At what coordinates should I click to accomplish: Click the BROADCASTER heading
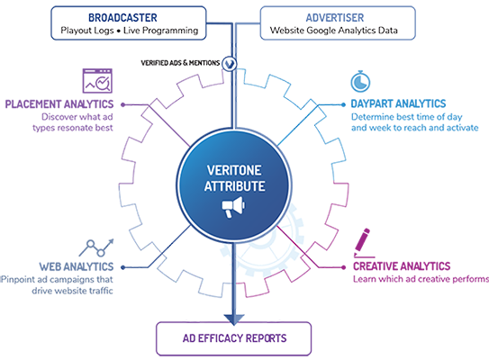[122, 18]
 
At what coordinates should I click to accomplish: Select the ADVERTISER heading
[335, 18]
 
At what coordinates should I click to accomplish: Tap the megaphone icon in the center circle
[233, 207]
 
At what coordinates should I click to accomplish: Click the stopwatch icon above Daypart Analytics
[360, 81]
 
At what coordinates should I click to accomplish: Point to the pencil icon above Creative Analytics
[363, 243]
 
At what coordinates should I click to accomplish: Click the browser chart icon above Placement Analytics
[97, 81]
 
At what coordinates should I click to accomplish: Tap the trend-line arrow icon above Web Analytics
[96, 247]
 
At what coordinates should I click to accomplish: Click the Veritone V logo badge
[230, 64]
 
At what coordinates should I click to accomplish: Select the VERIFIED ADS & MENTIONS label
[180, 63]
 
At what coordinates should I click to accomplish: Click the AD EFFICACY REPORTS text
[234, 338]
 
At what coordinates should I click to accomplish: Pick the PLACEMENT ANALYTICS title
[59, 104]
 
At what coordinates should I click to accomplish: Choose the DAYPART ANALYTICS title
[398, 103]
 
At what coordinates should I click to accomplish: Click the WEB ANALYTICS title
[77, 266]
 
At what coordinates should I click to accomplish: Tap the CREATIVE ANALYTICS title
[402, 266]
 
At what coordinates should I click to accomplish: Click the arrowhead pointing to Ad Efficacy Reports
[234, 319]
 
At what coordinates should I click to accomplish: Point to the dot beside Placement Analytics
[122, 104]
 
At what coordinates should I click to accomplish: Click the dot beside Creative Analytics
[343, 267]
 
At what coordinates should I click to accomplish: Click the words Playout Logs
[87, 31]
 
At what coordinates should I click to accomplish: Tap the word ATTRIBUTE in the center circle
[234, 186]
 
